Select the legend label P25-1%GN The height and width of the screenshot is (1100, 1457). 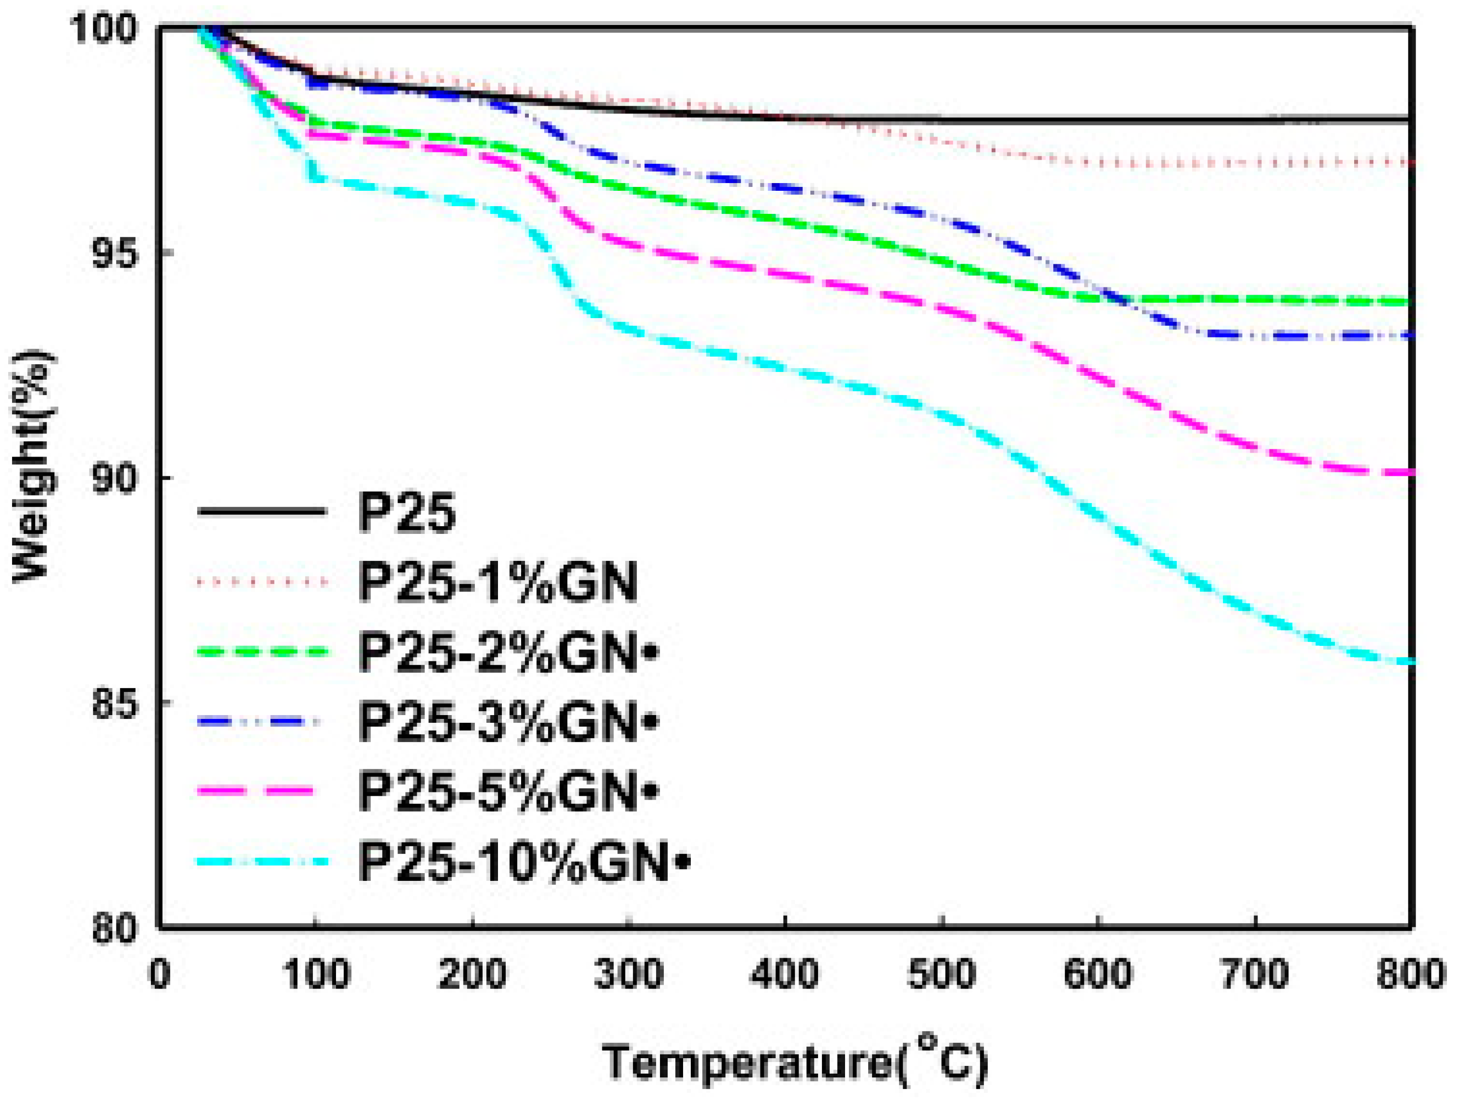tap(498, 582)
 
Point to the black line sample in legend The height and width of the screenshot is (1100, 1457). tap(262, 512)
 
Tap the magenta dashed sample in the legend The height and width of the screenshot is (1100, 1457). tap(262, 792)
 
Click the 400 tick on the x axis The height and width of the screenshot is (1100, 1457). tap(785, 974)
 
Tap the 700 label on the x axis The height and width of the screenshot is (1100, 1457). tap(1255, 974)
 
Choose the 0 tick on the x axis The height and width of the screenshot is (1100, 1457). tap(160, 974)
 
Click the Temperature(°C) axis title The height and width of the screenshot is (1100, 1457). tap(795, 1061)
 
